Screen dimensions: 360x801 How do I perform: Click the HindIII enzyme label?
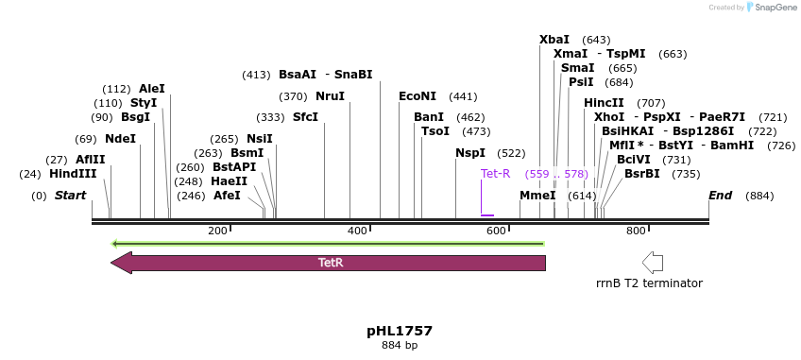pos(73,174)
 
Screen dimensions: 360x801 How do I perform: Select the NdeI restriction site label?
pos(120,138)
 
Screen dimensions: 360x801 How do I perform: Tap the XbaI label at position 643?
pos(554,40)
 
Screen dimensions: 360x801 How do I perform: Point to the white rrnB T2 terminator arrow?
pos(652,262)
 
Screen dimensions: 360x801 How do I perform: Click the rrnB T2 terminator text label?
pos(649,283)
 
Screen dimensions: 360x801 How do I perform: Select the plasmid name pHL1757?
pos(400,331)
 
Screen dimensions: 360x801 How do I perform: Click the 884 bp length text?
pos(400,346)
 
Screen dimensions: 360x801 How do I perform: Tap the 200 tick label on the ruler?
pos(217,231)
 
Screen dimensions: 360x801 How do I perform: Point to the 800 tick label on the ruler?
pos(636,231)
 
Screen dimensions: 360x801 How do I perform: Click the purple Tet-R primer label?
pos(495,174)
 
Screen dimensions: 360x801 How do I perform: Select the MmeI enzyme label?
pos(537,195)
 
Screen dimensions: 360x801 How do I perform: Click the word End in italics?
pos(721,195)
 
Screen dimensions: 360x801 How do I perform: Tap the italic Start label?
pos(70,196)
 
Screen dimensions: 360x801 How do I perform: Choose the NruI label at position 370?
pos(330,96)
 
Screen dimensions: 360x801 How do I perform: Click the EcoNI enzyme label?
pos(418,96)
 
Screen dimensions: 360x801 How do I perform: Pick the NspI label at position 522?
pos(470,153)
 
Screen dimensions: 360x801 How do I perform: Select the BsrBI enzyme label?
pos(641,174)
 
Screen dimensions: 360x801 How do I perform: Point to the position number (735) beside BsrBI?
pos(686,174)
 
